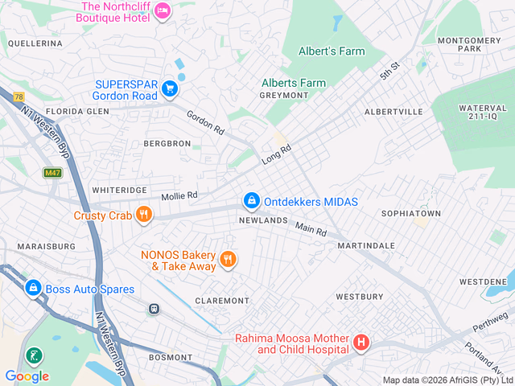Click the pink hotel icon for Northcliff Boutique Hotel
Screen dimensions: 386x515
pos(163,10)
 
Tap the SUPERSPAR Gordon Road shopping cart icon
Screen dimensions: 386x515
pos(169,88)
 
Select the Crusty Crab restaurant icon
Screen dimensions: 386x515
pos(144,214)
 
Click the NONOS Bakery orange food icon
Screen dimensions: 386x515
pos(229,259)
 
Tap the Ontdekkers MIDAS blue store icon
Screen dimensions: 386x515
pos(252,200)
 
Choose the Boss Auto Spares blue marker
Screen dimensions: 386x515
pos(33,287)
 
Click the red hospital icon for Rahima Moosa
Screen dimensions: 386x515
pos(361,343)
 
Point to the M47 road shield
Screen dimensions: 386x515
pos(52,173)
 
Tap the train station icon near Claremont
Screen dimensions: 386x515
pos(154,308)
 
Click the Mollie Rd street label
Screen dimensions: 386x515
pos(179,195)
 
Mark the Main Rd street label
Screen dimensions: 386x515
pos(310,230)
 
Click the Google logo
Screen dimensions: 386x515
pos(27,376)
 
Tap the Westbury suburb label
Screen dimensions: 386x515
pos(359,297)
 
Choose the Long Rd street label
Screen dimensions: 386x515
pos(275,155)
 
